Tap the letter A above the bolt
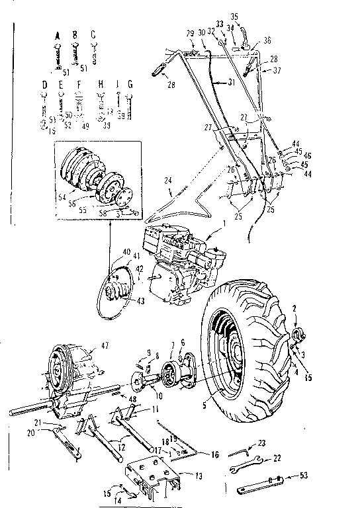[58, 34]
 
